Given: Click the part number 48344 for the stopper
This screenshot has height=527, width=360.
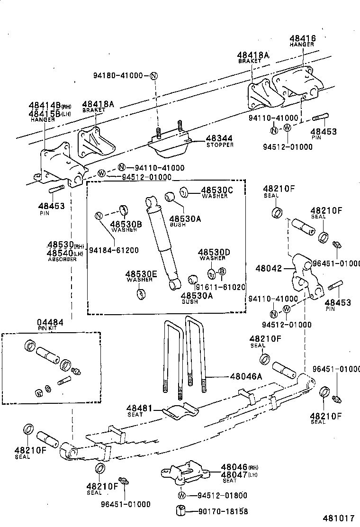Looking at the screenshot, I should (x=219, y=138).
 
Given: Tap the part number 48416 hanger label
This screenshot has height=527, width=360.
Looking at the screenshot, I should (x=302, y=38).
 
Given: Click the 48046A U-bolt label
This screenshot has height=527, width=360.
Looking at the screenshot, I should (x=246, y=376).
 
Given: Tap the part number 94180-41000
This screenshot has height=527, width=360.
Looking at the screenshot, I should (x=118, y=75).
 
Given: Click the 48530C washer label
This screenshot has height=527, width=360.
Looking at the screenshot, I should (x=217, y=190).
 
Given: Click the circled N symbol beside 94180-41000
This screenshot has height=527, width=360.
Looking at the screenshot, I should (x=153, y=76).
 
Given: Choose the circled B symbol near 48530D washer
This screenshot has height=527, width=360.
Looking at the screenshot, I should (x=222, y=272).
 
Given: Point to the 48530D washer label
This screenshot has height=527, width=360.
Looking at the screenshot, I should (x=214, y=253).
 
